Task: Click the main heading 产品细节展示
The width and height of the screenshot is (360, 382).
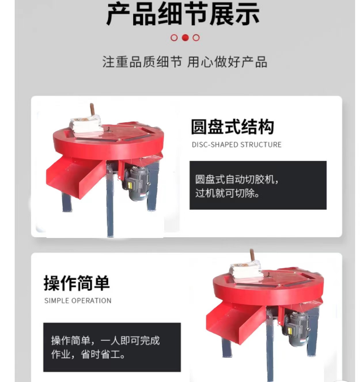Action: tap(183, 14)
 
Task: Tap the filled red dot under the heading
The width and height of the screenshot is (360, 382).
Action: tap(185, 38)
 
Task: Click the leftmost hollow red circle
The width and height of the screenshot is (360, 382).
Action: tap(174, 38)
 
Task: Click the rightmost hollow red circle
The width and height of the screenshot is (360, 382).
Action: tap(196, 38)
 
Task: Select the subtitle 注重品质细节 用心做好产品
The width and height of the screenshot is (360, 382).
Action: tap(185, 62)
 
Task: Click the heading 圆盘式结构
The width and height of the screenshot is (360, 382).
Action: tap(232, 127)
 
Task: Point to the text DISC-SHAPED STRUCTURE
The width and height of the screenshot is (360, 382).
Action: tap(236, 145)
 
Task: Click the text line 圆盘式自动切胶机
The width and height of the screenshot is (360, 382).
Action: tap(237, 179)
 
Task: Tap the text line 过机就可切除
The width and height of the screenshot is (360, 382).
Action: tap(227, 193)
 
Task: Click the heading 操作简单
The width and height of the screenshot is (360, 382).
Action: tap(77, 283)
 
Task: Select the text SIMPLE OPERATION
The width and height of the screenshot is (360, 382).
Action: tap(78, 300)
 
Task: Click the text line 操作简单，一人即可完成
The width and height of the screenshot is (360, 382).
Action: tap(105, 341)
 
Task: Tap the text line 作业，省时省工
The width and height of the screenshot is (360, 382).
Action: tap(88, 354)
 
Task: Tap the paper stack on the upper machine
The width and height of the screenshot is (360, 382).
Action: tap(86, 127)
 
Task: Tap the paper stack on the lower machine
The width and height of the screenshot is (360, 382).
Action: tap(246, 272)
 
